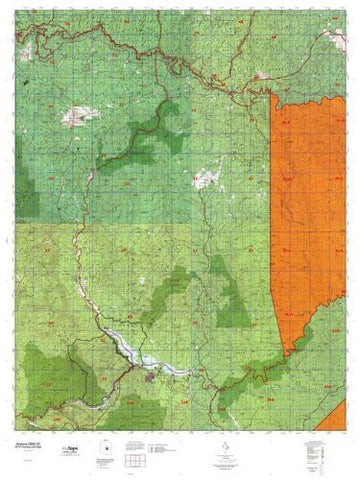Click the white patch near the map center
[206, 180]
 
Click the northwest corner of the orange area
[275, 100]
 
